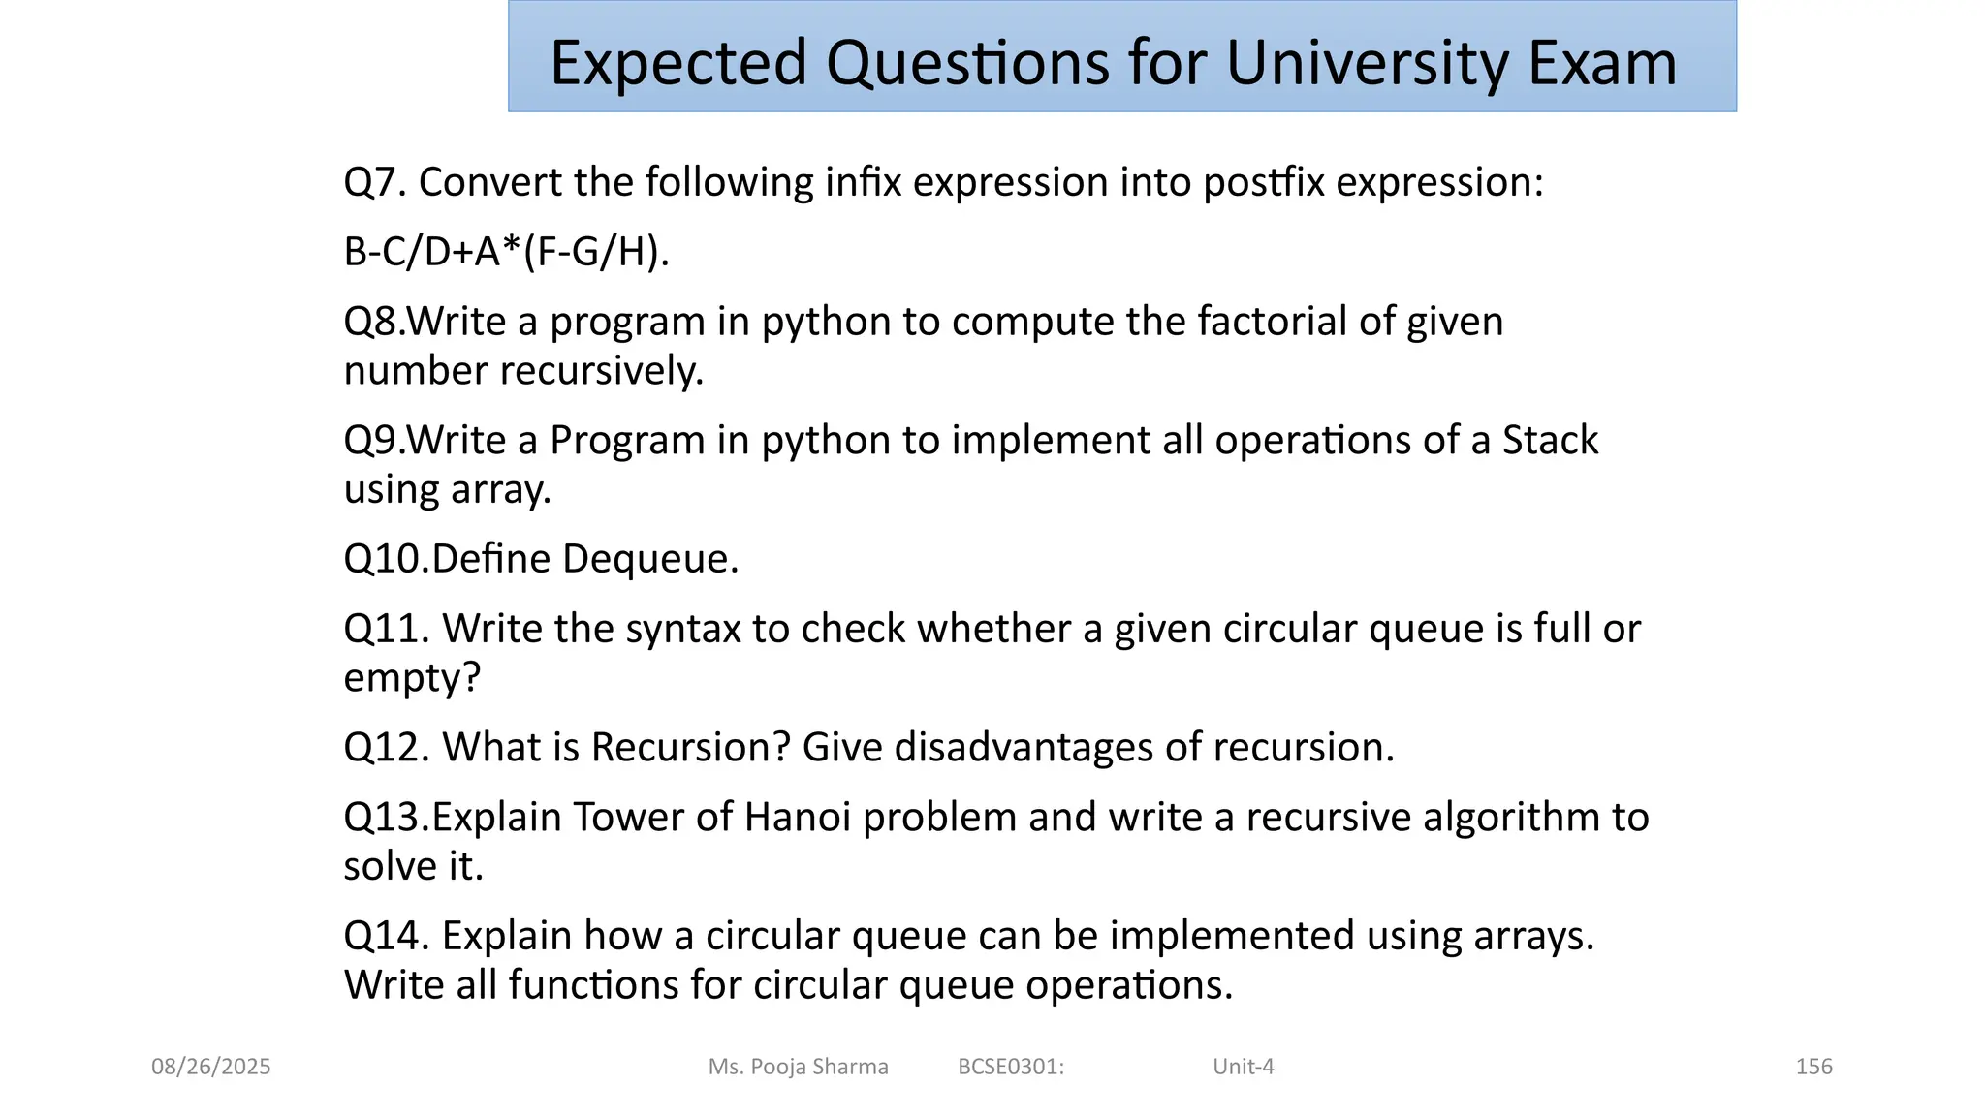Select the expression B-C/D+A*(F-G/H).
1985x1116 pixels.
pos(506,252)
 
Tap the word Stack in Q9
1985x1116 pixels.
pos(1549,441)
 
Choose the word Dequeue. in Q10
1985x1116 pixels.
pos(649,559)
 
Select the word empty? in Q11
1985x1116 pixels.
pos(412,678)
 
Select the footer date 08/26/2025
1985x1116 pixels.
pos(210,1067)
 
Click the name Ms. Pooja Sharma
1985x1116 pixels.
pos(798,1067)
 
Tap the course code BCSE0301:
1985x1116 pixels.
pos(1010,1067)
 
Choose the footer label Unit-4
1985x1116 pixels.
pos(1243,1067)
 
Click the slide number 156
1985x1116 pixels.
pos(1813,1067)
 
